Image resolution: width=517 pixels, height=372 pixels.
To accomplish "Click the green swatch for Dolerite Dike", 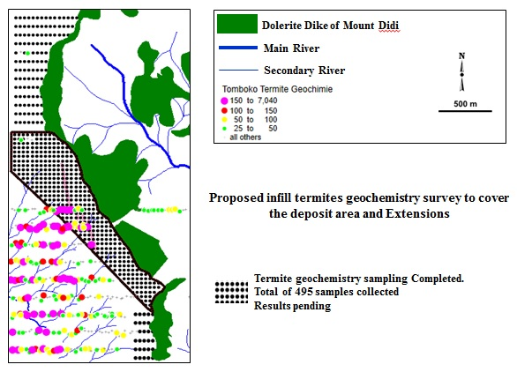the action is (237, 24).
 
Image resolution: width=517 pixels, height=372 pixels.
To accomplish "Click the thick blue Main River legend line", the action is (238, 48).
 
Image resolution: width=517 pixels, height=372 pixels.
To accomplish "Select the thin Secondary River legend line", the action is (238, 70).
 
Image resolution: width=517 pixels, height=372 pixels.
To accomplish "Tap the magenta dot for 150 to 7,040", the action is (225, 100).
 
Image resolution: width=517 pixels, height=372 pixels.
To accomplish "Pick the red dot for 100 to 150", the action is (225, 111).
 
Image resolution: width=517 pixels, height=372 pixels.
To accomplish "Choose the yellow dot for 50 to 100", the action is (225, 120).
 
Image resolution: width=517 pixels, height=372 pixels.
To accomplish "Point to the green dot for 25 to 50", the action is (225, 129).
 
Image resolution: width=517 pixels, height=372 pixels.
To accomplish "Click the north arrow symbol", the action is (462, 71).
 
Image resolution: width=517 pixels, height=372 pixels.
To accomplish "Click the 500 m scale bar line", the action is (465, 111).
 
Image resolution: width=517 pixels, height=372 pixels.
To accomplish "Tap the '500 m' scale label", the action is (465, 104).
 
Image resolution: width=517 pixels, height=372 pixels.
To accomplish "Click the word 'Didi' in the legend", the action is (389, 26).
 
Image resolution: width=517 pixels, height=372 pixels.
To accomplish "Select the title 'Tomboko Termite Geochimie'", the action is (277, 89).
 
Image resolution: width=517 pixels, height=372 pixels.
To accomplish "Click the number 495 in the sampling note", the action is (303, 292).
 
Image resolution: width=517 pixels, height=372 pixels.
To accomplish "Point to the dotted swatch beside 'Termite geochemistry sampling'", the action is (231, 293).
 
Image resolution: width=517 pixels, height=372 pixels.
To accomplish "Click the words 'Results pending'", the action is (292, 306).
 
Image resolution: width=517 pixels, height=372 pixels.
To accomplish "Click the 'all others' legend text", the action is (245, 138).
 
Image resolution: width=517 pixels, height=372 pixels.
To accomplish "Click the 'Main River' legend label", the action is (291, 48).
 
